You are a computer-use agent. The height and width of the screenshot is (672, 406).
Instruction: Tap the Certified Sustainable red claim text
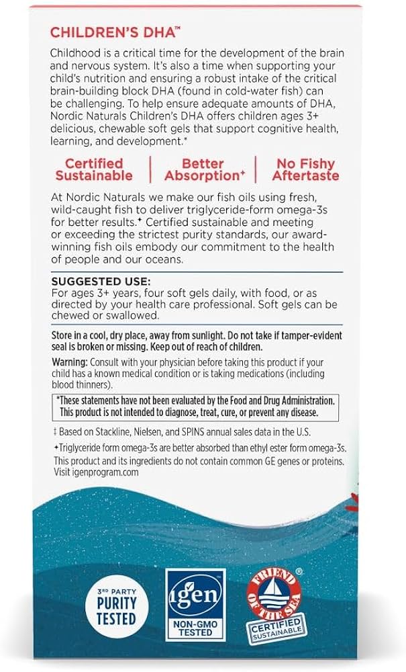[x=94, y=169]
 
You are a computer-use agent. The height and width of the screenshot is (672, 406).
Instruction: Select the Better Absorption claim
[x=202, y=169]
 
